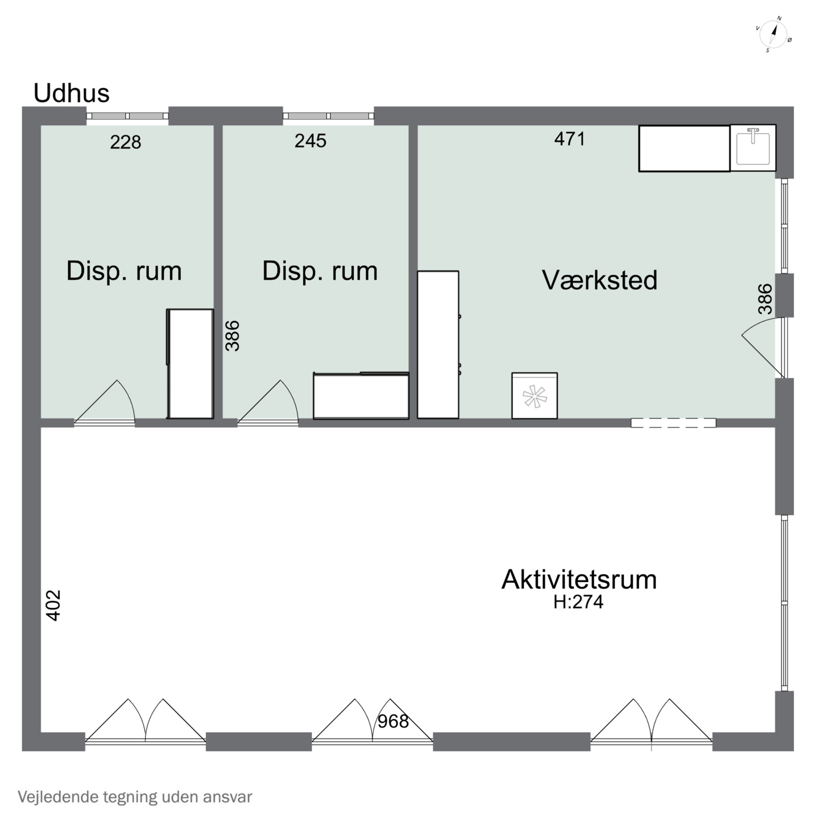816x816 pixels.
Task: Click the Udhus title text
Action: click(x=71, y=93)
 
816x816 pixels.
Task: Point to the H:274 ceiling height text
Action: click(x=578, y=602)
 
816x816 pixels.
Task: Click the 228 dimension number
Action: click(x=125, y=142)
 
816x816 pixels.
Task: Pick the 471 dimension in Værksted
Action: click(x=570, y=139)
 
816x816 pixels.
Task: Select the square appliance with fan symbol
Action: click(x=534, y=396)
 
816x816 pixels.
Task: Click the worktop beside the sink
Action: click(x=684, y=148)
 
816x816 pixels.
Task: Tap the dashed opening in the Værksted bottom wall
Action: click(x=673, y=423)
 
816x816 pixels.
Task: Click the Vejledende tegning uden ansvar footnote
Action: click(x=135, y=797)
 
